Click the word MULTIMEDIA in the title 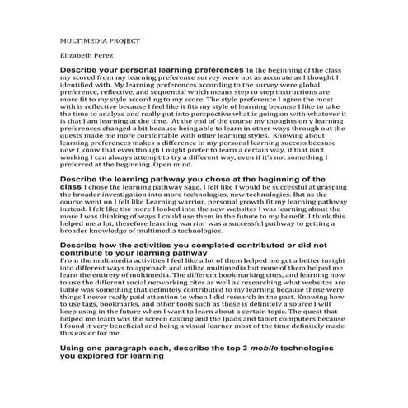coord(86,40)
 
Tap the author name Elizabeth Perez coord(86,56)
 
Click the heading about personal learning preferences coord(152,71)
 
